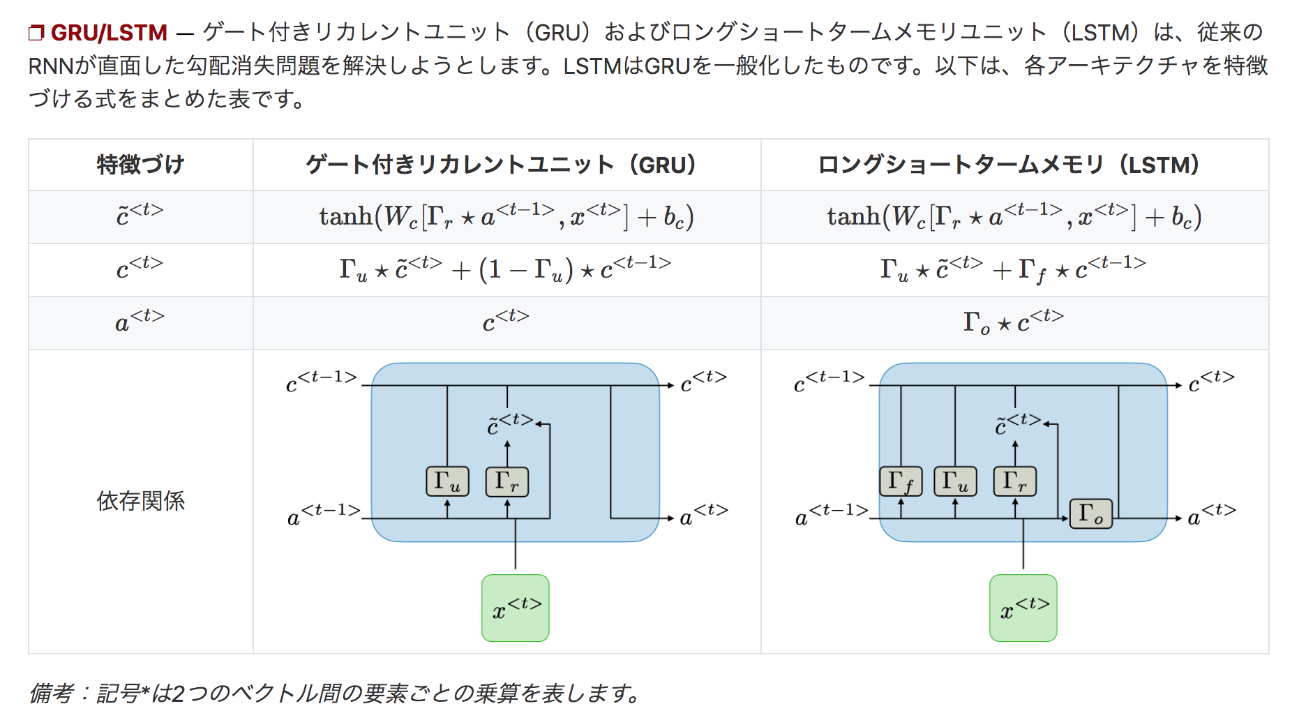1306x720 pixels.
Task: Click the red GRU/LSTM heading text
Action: pos(108,33)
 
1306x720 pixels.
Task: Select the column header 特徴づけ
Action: pos(140,165)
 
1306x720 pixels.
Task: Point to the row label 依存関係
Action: pos(140,501)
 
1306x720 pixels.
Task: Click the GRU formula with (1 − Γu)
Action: pos(505,269)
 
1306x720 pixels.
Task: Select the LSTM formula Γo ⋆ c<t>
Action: pos(1013,322)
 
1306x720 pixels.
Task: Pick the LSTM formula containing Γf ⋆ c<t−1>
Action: pos(1013,269)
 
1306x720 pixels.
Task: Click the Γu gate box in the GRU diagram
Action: pos(447,481)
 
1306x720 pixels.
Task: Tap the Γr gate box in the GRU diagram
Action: pos(507,481)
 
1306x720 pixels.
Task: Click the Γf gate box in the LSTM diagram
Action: pos(901,481)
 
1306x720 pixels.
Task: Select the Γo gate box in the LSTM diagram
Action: pos(1091,514)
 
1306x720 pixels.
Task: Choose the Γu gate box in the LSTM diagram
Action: pos(955,481)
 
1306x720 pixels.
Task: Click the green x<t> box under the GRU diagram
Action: pos(516,608)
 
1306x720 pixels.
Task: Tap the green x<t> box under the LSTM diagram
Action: pos(1023,608)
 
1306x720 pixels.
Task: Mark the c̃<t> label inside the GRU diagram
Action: pos(510,424)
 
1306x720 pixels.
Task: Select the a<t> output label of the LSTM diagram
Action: pos(1211,515)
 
